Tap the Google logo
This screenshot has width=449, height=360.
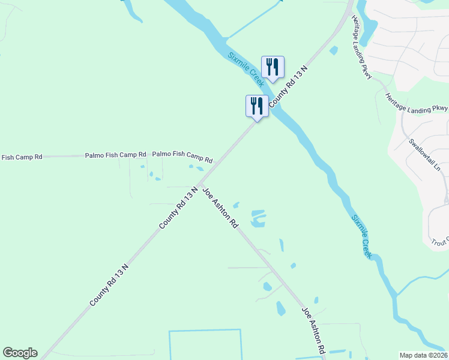20,353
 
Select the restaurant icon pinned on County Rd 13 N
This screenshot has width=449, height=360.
257,106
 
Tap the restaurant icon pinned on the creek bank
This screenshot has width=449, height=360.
273,67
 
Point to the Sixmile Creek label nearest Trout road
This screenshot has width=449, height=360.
362,237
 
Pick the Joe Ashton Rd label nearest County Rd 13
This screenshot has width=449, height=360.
221,208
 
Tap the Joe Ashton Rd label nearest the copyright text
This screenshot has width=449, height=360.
314,329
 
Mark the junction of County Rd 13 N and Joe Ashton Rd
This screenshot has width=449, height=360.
200,183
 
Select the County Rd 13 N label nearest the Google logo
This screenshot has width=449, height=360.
109,284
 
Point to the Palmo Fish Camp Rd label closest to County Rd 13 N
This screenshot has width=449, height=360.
182,157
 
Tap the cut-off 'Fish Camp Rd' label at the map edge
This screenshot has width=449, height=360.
22,157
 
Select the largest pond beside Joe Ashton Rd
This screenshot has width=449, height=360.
258,218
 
